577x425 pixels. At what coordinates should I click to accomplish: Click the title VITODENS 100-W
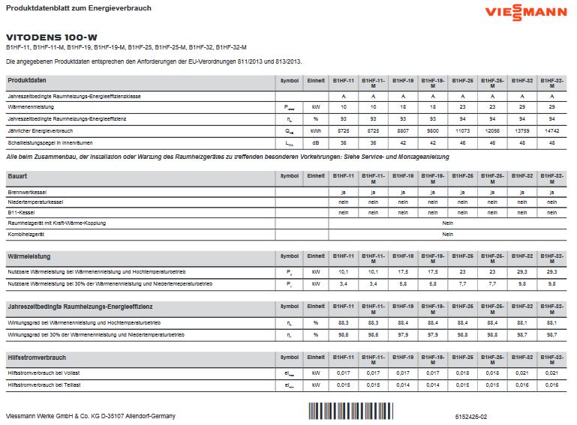pyautogui.click(x=52, y=37)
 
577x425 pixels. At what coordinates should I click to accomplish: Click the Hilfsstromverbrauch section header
pyautogui.click(x=37, y=358)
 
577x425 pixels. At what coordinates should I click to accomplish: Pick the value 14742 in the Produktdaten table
pyautogui.click(x=551, y=130)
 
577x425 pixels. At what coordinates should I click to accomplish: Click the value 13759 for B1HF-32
pyautogui.click(x=521, y=130)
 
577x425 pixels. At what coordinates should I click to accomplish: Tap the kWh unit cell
pyautogui.click(x=316, y=130)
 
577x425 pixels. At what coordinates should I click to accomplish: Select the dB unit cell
pyautogui.click(x=316, y=142)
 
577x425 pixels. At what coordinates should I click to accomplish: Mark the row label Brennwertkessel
pyautogui.click(x=27, y=192)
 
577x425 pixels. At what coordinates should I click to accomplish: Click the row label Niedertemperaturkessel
pyautogui.click(x=35, y=202)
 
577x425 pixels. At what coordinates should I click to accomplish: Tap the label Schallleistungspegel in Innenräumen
pyautogui.click(x=50, y=142)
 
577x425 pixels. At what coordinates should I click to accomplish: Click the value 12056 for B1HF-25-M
pyautogui.click(x=491, y=130)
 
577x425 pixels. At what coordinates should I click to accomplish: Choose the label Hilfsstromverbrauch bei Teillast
pyautogui.click(x=44, y=385)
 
